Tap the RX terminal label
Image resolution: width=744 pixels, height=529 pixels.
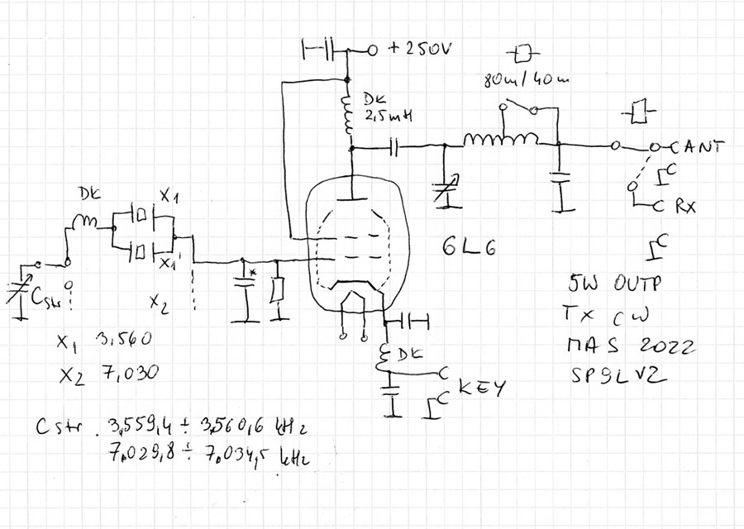click(x=684, y=207)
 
